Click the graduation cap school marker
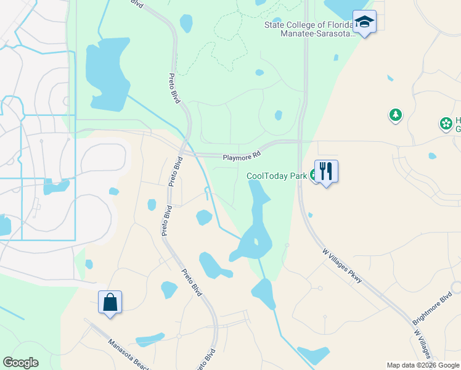(x=365, y=23)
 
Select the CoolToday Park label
(x=277, y=176)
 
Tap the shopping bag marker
(x=110, y=302)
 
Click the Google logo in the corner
(x=20, y=363)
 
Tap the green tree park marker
(x=395, y=115)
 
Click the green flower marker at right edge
(x=446, y=124)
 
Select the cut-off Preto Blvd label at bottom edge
(x=205, y=361)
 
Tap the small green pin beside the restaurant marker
(x=314, y=176)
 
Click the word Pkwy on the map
(x=354, y=277)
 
